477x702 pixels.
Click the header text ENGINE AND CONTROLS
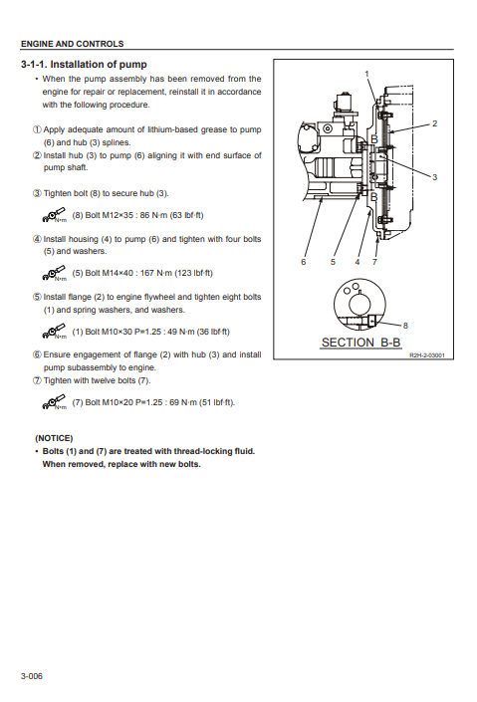(72, 44)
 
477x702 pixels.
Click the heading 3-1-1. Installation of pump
(84, 65)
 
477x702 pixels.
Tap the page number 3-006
(32, 676)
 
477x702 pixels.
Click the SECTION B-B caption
(361, 343)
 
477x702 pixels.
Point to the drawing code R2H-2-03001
(427, 355)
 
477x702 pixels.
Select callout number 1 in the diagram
(366, 74)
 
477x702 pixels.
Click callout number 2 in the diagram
(434, 123)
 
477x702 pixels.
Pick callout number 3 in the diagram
(434, 177)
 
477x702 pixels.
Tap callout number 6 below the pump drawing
(303, 262)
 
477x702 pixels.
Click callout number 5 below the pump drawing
(333, 262)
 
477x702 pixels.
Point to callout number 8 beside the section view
(405, 326)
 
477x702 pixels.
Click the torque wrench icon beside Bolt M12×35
(54, 215)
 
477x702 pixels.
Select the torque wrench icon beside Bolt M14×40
(54, 273)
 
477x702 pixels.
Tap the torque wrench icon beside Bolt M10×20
(54, 402)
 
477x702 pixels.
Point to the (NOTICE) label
(54, 438)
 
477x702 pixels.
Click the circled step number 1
(37, 129)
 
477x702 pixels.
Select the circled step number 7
(37, 380)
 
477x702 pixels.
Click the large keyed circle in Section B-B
(359, 304)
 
